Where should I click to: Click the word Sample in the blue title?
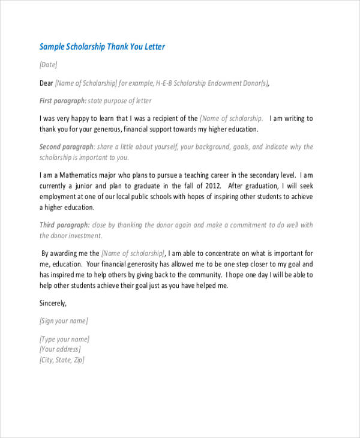click(x=53, y=47)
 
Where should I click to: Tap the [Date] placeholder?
click(x=49, y=65)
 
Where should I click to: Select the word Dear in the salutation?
click(x=46, y=83)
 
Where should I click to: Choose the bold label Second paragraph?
click(x=67, y=147)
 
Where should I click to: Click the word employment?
click(x=59, y=197)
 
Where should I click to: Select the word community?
click(x=197, y=275)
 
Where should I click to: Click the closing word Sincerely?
click(x=53, y=303)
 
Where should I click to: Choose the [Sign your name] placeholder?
click(x=64, y=321)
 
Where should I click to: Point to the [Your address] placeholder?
click(x=60, y=349)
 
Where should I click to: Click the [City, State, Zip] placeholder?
click(x=62, y=360)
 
